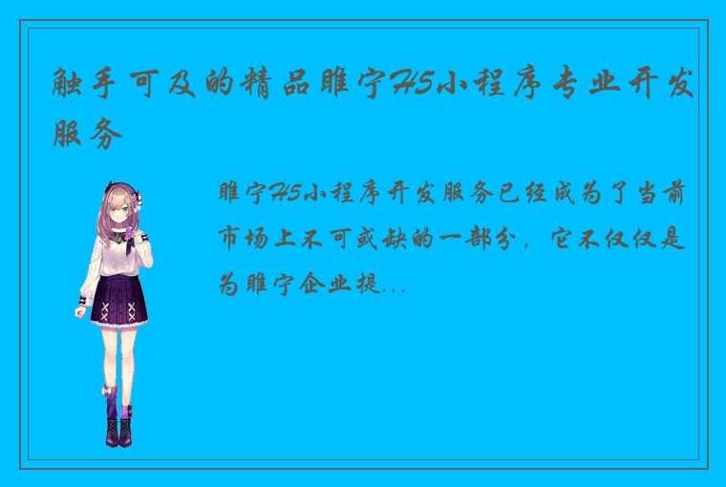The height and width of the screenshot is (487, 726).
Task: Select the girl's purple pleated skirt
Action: click(120, 299)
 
